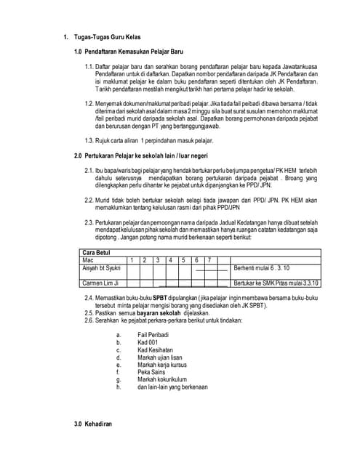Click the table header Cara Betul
pos(98,251)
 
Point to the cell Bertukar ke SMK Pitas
pos(279,282)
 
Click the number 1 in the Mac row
pos(132,259)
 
